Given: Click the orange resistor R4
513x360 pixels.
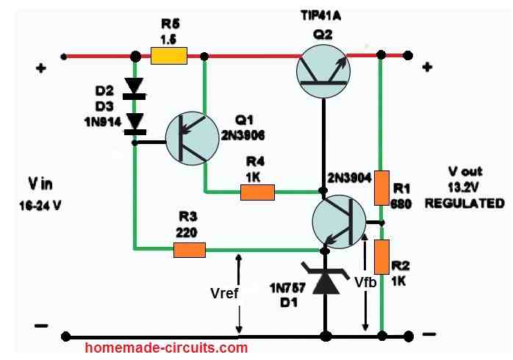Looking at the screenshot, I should [257, 192].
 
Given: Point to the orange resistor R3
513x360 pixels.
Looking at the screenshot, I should [189, 251].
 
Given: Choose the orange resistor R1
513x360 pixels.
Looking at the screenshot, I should [381, 188].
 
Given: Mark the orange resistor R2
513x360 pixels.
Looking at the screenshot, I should [381, 256].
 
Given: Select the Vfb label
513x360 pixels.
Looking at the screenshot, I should [367, 281].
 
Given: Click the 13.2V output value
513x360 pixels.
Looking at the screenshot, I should [464, 189].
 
